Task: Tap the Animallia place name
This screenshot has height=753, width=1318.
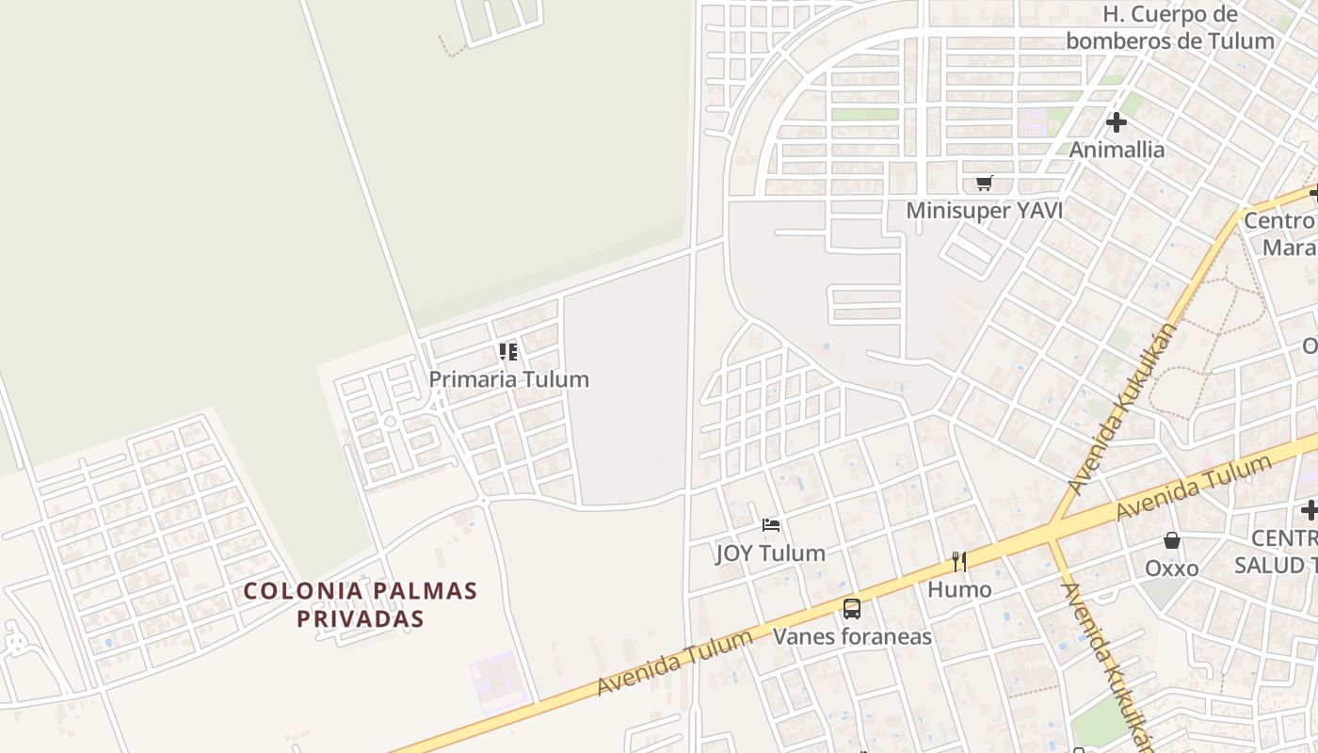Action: click(1117, 150)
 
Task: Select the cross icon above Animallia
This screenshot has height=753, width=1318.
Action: click(1117, 122)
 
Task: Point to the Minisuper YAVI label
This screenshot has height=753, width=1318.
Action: click(984, 211)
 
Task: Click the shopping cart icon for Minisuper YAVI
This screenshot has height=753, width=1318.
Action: click(984, 183)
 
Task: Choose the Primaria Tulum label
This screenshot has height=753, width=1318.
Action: click(508, 379)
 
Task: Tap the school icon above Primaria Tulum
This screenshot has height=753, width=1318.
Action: click(508, 352)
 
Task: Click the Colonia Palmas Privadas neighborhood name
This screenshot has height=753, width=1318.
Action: click(361, 604)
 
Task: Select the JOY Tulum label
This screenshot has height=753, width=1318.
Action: click(770, 553)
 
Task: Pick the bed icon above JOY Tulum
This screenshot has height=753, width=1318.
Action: click(771, 525)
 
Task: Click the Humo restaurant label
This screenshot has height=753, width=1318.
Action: click(959, 589)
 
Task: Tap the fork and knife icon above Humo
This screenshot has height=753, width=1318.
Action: click(959, 562)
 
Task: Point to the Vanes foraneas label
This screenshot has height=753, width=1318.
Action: click(852, 636)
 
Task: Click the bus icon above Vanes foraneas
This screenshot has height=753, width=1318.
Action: click(852, 608)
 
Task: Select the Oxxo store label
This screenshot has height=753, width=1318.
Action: click(1171, 569)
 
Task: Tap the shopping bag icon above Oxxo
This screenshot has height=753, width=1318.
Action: click(1172, 540)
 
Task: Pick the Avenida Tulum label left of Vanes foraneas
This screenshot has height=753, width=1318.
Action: click(675, 663)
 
